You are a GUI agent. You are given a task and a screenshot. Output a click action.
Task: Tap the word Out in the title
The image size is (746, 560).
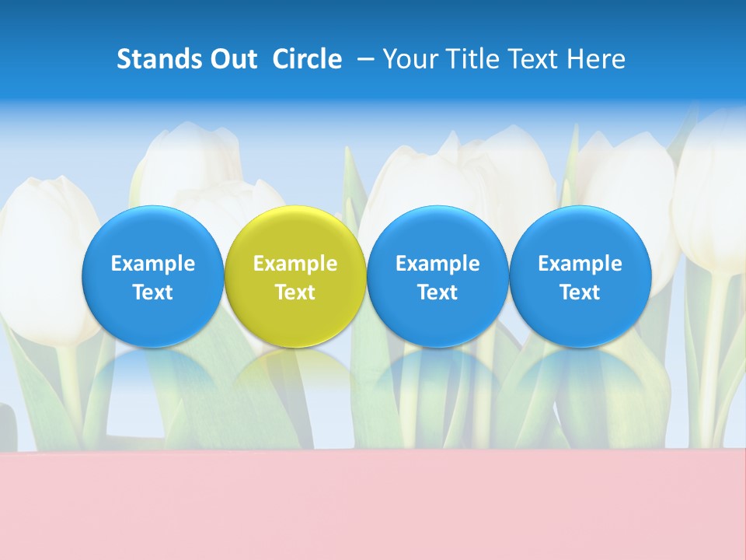(x=229, y=59)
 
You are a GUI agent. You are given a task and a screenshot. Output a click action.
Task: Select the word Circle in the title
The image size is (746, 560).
(x=307, y=59)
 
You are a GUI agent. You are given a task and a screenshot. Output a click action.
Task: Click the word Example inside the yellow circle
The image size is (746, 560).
(x=295, y=264)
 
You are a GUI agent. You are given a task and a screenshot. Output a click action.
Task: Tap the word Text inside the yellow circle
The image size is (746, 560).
(x=295, y=292)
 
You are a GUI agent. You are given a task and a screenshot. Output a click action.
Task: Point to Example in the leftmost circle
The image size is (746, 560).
(x=153, y=264)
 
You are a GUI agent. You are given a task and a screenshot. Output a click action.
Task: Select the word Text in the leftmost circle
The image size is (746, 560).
(x=153, y=292)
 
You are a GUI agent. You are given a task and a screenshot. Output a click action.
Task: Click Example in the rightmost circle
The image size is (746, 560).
(x=580, y=264)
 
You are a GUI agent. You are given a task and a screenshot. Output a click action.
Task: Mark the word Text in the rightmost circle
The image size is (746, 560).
(x=580, y=292)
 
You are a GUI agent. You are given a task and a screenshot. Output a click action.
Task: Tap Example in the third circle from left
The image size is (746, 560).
(x=437, y=264)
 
